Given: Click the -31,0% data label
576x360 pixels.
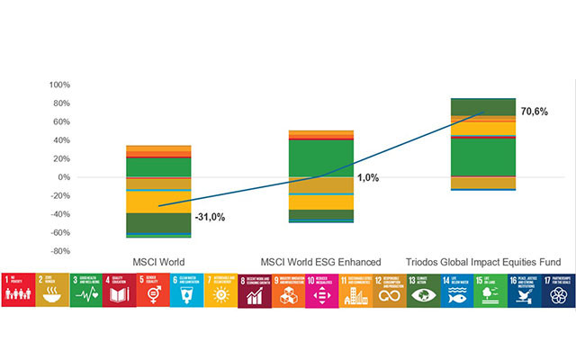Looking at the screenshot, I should (210, 217).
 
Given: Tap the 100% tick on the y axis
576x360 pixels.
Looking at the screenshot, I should (58, 85).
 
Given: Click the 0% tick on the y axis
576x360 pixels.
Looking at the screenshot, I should (62, 177).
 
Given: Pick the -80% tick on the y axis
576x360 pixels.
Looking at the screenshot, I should (58, 251).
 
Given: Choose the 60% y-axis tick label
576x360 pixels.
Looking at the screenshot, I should (60, 121).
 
